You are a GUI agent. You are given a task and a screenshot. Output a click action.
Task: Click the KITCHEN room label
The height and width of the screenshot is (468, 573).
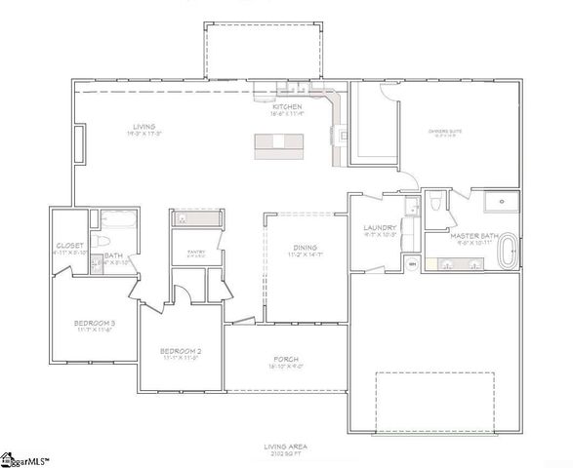pos(286,106)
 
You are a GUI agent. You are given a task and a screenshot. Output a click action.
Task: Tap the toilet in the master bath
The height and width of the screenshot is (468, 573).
pos(437,202)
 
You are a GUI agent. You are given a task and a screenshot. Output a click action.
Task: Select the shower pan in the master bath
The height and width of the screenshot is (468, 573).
pos(501,203)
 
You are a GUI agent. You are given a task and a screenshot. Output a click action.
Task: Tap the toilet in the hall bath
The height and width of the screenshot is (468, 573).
pos(98,260)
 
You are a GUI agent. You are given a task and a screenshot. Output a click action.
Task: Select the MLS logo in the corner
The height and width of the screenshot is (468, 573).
pos(26,458)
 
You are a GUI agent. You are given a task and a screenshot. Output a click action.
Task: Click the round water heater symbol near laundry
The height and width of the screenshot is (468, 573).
pos(412,263)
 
